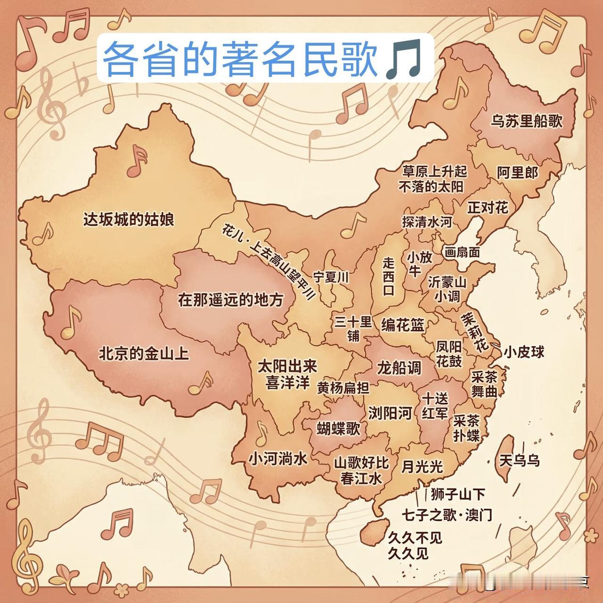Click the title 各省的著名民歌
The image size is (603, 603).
[x=240, y=58]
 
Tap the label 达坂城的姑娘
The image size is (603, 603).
[x=129, y=220]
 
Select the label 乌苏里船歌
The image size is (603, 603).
[x=527, y=121]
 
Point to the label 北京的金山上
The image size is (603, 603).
[x=144, y=353]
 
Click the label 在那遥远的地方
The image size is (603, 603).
[x=231, y=300]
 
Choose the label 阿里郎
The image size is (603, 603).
[x=517, y=173]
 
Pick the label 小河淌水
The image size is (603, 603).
[x=278, y=458]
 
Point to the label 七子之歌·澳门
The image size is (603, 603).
[x=447, y=515]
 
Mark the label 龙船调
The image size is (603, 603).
[x=399, y=367]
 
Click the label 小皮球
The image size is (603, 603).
[x=524, y=352]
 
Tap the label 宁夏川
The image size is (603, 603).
[x=331, y=277]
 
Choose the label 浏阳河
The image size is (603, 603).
[x=390, y=413]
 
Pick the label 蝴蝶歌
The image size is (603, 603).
[x=338, y=429]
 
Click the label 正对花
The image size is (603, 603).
[x=488, y=207]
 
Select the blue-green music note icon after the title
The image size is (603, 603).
[x=403, y=59]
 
